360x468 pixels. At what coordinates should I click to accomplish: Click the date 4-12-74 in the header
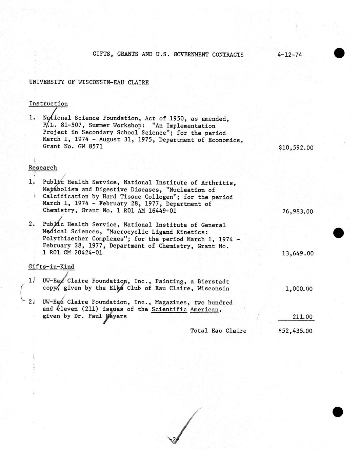(289, 55)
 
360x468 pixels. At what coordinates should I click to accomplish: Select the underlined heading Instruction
(48, 104)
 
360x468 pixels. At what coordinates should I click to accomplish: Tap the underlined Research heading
(43, 168)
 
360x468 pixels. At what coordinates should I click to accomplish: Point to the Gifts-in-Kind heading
(51, 267)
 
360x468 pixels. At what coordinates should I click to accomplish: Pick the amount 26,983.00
(298, 211)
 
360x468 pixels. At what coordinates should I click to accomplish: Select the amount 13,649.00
(298, 253)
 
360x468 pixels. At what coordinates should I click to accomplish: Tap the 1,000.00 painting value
(299, 289)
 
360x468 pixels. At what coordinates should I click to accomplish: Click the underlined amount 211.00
(302, 317)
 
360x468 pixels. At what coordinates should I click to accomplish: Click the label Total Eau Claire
(218, 331)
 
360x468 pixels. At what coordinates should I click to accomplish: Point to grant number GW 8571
(92, 147)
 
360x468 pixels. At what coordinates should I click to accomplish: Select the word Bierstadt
(213, 281)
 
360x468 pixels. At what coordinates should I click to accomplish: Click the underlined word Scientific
(169, 309)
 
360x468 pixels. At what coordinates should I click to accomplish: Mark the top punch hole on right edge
(339, 53)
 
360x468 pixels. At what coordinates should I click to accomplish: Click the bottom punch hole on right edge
(338, 412)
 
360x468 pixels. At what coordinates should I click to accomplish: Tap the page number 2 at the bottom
(174, 440)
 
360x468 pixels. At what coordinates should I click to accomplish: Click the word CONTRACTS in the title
(228, 55)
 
